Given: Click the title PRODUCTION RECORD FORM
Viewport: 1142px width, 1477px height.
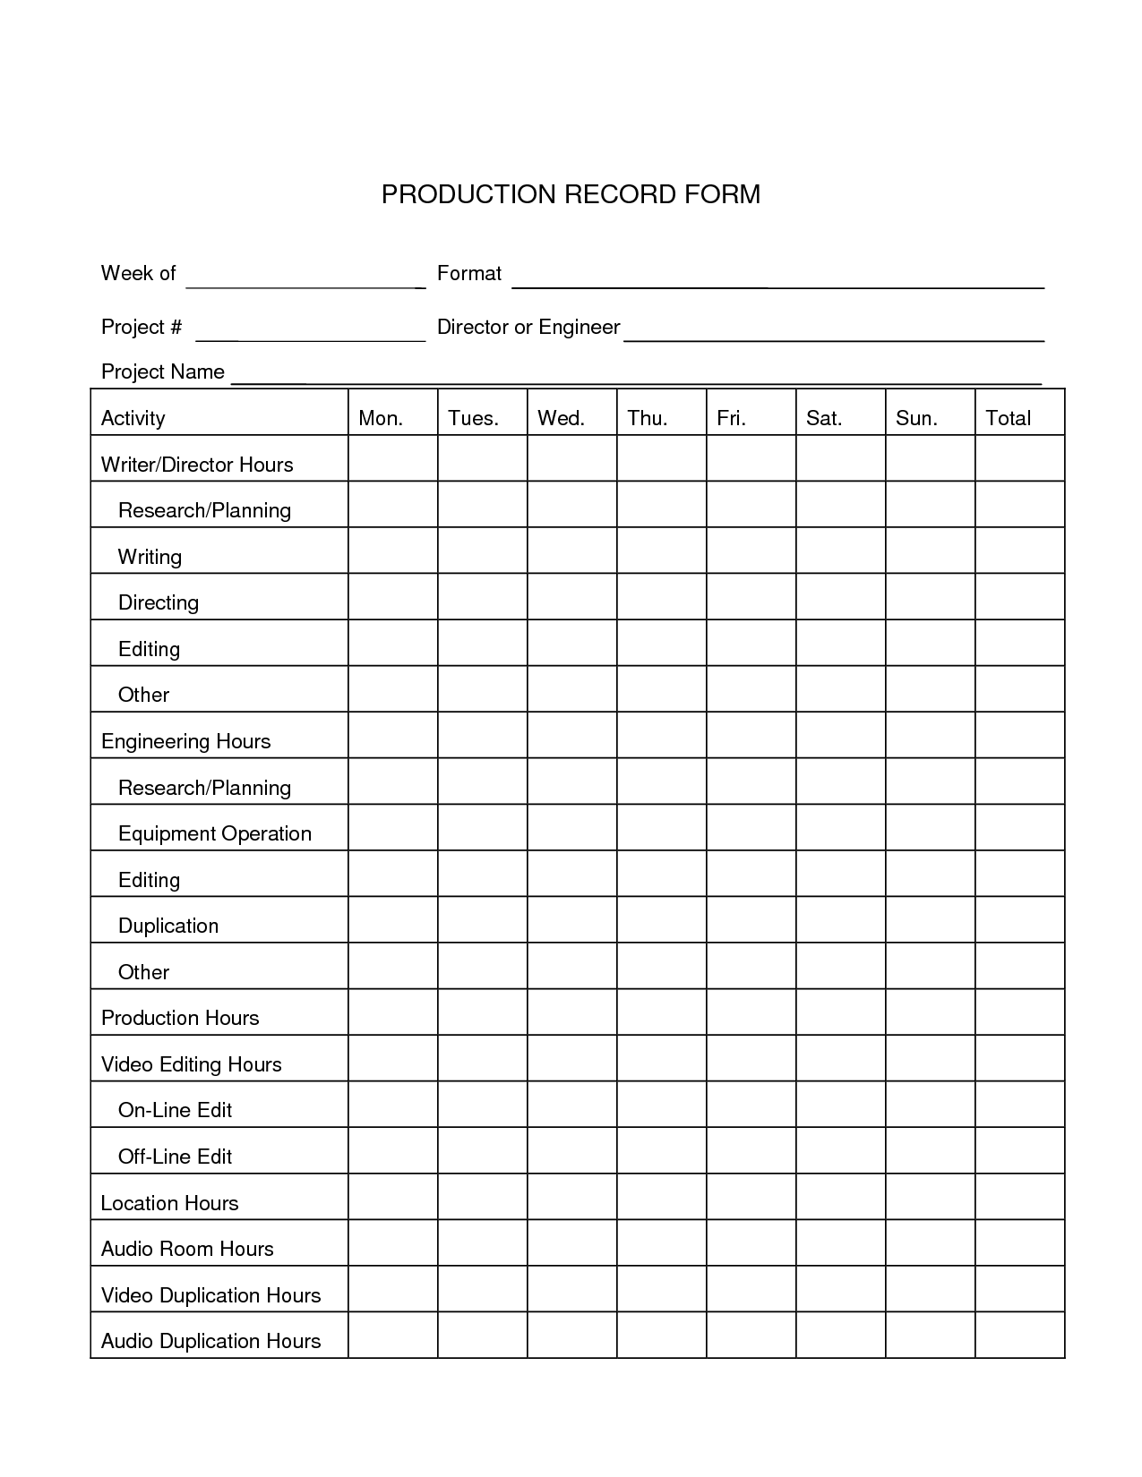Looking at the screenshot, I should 571,194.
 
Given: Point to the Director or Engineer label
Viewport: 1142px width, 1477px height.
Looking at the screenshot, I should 528,328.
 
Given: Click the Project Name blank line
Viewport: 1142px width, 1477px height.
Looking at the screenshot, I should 636,378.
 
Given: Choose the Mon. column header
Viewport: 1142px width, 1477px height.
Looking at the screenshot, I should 381,418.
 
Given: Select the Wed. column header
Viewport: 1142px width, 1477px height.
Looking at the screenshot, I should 561,418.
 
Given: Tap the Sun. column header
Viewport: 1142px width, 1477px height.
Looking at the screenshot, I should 916,418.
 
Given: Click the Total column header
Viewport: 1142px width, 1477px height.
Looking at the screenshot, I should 1008,418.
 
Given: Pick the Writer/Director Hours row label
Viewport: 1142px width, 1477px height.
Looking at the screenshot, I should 197,465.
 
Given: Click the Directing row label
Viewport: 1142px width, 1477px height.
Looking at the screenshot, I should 159,602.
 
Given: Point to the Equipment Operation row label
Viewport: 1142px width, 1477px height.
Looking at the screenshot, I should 215,833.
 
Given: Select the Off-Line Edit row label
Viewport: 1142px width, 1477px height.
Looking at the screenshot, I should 175,1157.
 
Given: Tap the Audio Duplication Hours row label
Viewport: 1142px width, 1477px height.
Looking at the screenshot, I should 210,1341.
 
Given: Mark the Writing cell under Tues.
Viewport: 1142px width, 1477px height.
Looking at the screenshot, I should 482,551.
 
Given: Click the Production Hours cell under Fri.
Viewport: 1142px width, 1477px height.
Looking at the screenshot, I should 751,1012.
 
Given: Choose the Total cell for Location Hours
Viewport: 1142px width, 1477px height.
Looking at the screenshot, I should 1019,1197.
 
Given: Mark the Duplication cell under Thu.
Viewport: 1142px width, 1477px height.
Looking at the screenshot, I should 661,919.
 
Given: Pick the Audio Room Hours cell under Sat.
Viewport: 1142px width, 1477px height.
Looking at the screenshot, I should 840,1242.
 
